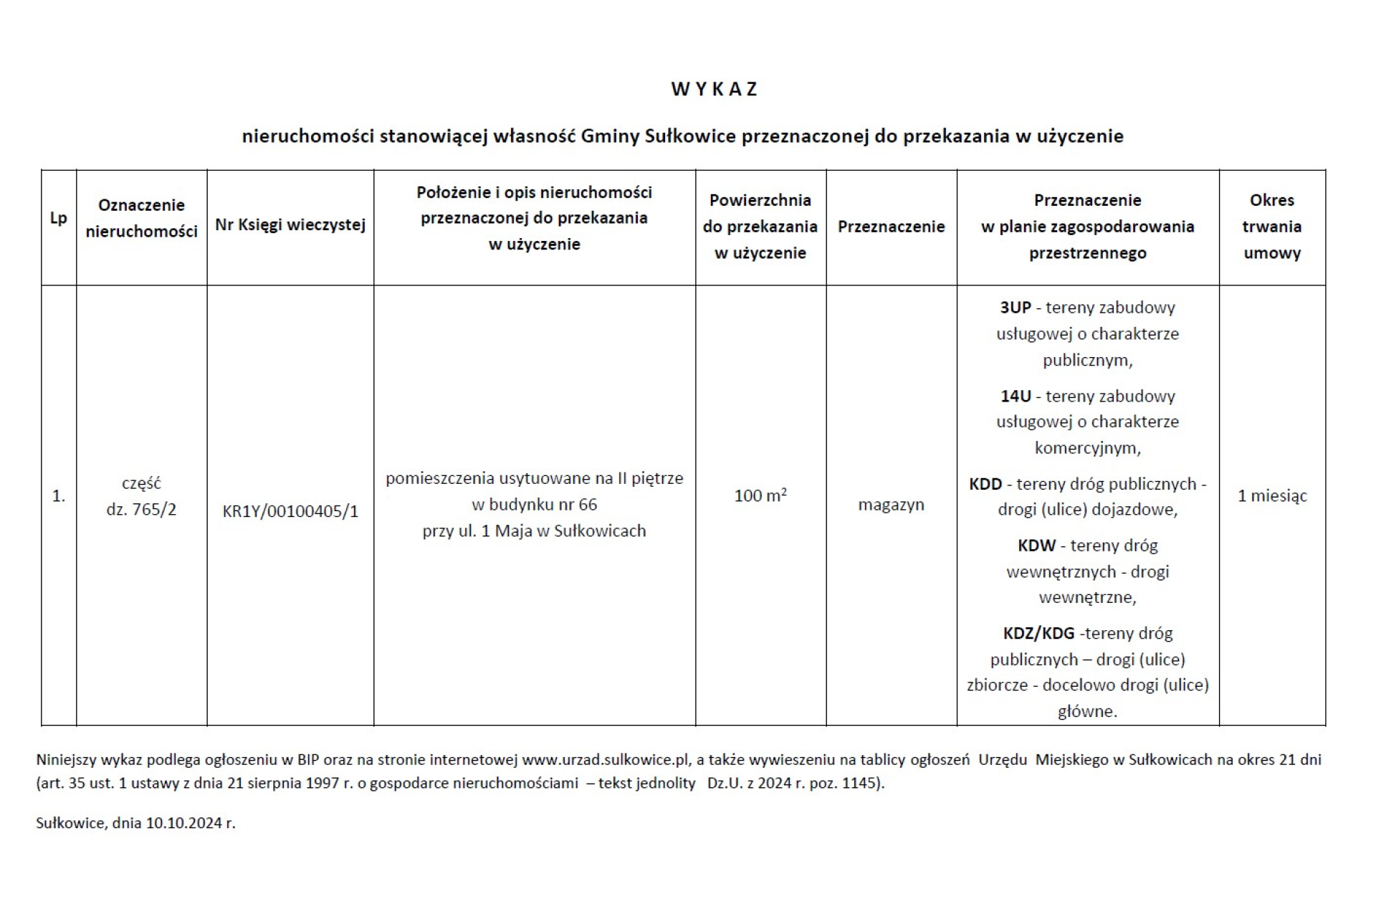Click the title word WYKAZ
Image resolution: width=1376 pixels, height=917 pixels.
point(714,89)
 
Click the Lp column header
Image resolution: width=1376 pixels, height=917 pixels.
point(59,218)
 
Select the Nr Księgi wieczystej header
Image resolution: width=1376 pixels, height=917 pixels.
point(290,225)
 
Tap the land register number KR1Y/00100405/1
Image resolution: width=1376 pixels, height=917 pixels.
point(290,511)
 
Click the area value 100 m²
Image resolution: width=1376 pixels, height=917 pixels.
point(760,495)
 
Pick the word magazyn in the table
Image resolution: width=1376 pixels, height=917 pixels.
point(891,505)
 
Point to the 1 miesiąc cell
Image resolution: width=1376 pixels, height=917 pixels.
point(1272,495)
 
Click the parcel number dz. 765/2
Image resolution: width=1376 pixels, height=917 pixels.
point(141,510)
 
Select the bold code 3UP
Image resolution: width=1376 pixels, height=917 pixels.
point(1016,308)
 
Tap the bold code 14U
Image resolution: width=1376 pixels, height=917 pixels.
point(1016,396)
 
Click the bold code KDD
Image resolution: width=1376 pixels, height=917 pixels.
point(985,484)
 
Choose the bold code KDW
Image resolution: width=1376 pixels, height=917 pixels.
point(1036,546)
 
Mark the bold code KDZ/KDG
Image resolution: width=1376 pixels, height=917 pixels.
point(1038,634)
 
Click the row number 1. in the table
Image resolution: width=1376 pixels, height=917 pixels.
point(59,495)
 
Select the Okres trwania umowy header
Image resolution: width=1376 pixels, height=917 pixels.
point(1272,227)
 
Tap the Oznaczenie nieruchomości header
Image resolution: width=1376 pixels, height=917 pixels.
point(141,218)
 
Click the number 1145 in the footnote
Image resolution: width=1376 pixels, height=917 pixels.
point(862,783)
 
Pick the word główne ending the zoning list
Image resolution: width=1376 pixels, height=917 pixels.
point(1086,711)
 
